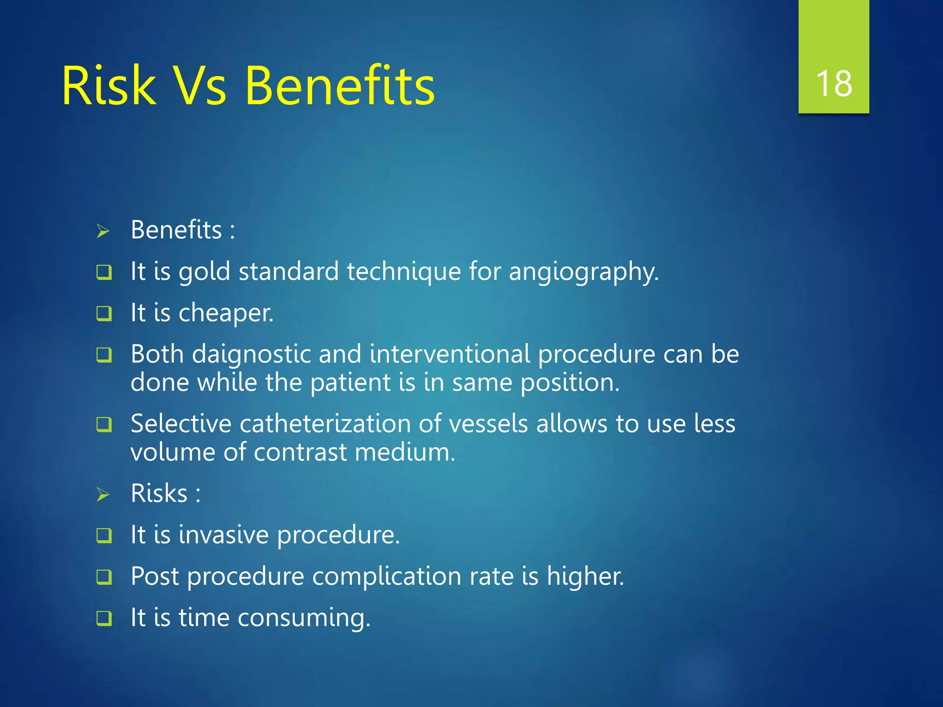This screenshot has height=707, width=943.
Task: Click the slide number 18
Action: [x=833, y=84]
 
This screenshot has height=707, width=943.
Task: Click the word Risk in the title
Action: [x=109, y=86]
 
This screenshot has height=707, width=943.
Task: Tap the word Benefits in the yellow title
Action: [x=339, y=86]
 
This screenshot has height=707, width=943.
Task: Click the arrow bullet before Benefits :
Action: [x=103, y=231]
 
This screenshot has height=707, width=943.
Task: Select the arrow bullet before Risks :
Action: [x=103, y=495]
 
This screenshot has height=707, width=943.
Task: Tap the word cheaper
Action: [x=226, y=313]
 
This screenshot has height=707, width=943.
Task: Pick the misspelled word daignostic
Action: [x=251, y=354]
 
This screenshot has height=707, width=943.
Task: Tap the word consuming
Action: [x=304, y=618]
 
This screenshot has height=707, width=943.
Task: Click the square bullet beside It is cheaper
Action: [x=104, y=314]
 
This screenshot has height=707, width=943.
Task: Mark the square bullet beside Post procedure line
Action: [x=104, y=577]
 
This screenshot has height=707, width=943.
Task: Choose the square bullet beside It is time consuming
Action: [x=104, y=618]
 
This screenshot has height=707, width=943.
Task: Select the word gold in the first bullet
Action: [x=204, y=272]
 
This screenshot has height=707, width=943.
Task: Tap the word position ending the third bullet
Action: [x=570, y=383]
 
